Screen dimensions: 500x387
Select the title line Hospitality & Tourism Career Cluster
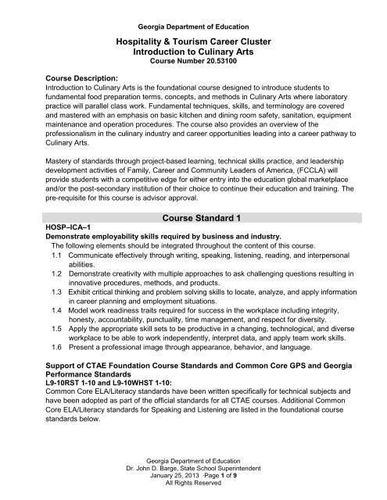point(192,37)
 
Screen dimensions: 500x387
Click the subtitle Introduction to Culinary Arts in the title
point(192,49)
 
